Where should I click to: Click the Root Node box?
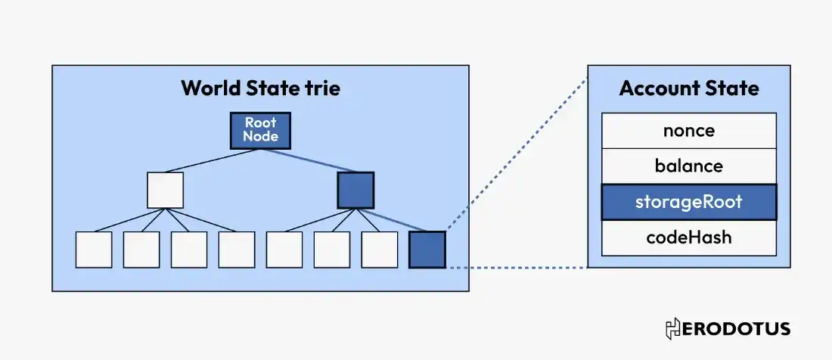(260, 130)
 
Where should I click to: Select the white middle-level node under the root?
(165, 190)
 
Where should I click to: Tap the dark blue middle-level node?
(355, 190)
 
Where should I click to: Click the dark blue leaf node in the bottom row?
(427, 250)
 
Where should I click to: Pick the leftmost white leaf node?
(94, 250)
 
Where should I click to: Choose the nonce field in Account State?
(688, 130)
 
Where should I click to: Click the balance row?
(688, 166)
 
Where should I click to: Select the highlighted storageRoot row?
(688, 202)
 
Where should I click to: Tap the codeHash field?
(688, 237)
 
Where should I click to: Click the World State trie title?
(260, 88)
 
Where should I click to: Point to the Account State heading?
(688, 88)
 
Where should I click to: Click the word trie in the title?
(321, 88)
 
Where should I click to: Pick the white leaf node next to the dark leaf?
(379, 250)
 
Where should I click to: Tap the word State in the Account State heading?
(732, 88)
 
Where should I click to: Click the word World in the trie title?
(208, 88)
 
